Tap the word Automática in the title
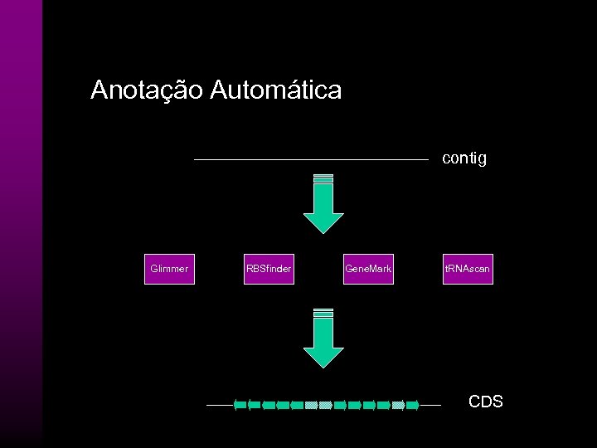[x=275, y=90]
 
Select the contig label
[x=464, y=158]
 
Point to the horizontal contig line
[x=311, y=159]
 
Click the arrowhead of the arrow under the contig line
[x=323, y=222]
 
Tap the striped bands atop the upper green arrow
[x=323, y=178]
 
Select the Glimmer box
[x=169, y=269]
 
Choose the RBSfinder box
[x=269, y=269]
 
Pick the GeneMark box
[x=368, y=269]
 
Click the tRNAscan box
[x=468, y=269]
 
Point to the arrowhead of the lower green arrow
[x=323, y=357]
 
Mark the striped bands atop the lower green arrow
[x=323, y=313]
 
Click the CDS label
[x=485, y=402]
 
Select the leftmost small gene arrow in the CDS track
[x=240, y=406]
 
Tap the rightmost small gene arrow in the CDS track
[x=412, y=406]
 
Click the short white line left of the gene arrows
[x=219, y=406]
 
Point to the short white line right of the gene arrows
[x=430, y=406]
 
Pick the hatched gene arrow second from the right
[x=398, y=406]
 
